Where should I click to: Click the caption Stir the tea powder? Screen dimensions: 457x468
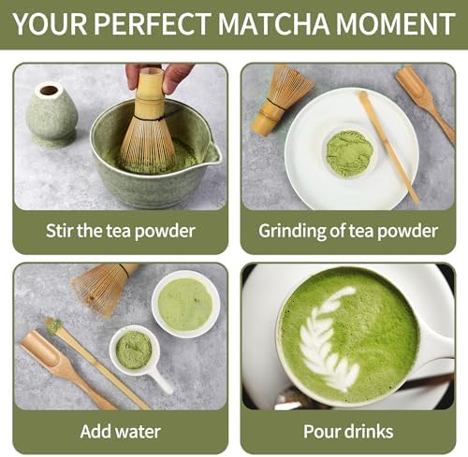tap(121, 230)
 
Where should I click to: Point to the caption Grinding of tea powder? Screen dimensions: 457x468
tap(347, 230)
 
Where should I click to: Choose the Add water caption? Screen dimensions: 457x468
tap(121, 431)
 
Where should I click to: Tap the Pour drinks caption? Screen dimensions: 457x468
tap(347, 431)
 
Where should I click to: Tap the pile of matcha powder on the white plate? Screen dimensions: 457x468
tap(348, 152)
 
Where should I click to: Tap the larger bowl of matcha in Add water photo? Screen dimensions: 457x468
tap(185, 303)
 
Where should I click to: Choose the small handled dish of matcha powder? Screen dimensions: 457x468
tap(136, 350)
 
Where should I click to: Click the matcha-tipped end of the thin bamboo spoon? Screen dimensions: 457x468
tap(54, 325)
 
